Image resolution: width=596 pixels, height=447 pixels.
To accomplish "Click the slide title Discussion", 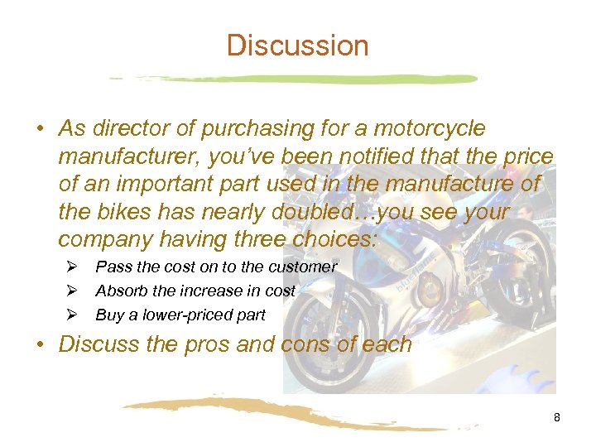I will [x=298, y=45].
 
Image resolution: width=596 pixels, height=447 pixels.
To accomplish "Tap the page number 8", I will [x=557, y=417].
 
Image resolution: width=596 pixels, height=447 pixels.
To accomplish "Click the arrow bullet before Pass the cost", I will [x=71, y=267].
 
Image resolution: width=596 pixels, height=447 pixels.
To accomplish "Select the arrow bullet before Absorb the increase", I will [x=71, y=291].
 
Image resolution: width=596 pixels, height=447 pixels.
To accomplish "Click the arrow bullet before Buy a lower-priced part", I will [x=71, y=315].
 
